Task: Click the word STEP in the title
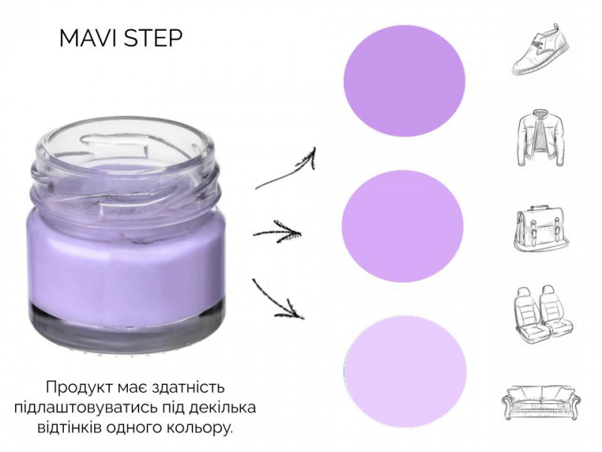tap(154, 38)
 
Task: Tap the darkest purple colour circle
tap(404, 81)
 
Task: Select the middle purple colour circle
tap(403, 227)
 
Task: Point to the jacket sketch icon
tap(541, 138)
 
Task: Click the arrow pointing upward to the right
tap(285, 169)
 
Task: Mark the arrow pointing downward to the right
tap(277, 299)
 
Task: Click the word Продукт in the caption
tap(79, 387)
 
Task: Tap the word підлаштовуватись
tap(91, 408)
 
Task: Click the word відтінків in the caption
tap(69, 427)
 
